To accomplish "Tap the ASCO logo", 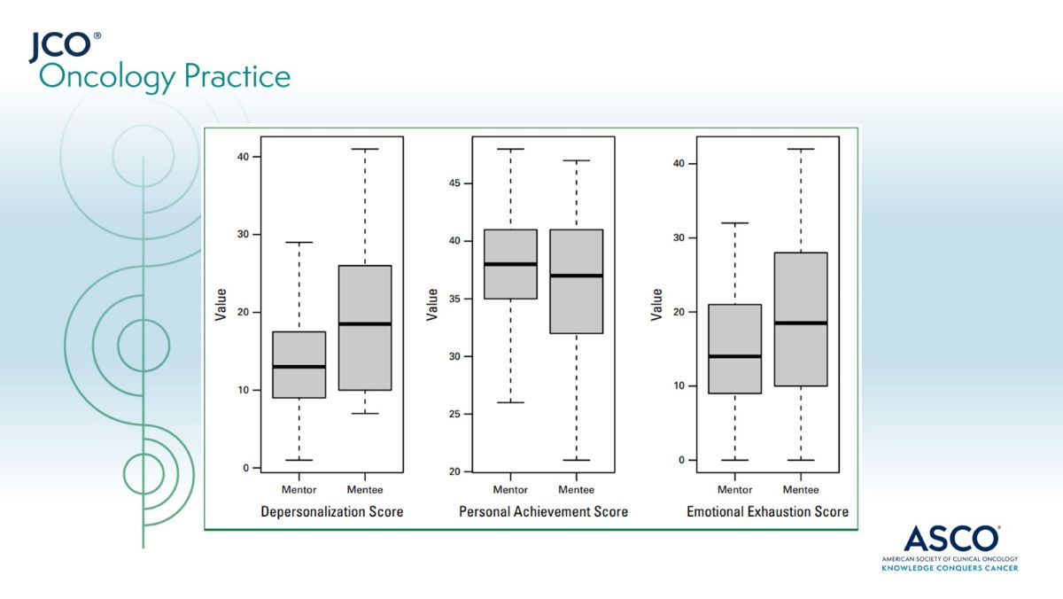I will coord(950,548).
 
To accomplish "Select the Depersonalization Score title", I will coord(331,511).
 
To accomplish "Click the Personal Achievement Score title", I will coord(543,511).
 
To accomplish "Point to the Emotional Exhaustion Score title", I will coord(767,511).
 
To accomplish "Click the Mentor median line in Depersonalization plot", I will coord(299,366).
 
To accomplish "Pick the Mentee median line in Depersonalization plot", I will coord(364,323).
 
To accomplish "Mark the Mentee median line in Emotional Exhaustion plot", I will coord(801,323).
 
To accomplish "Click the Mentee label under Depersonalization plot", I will coord(364,489).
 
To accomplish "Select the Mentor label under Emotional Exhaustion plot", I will coord(734,489).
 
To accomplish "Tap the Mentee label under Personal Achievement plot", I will coord(576,489).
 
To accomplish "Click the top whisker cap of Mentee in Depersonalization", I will coord(364,149).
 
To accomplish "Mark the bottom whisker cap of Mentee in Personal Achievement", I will coord(576,460).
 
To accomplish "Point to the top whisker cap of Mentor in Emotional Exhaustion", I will coord(734,223).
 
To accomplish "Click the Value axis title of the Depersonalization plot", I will coord(221,303).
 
